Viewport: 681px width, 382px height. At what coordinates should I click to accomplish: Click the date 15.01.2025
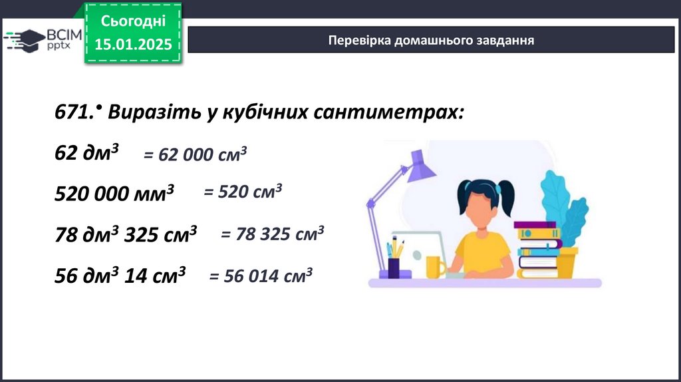133,44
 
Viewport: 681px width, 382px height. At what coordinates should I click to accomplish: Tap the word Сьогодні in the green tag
133,21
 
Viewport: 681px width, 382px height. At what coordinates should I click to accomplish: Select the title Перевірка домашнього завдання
431,40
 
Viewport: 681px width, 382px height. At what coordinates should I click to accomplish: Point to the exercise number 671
74,112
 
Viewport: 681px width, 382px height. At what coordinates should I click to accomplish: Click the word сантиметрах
388,112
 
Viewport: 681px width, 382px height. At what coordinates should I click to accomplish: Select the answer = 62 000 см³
195,154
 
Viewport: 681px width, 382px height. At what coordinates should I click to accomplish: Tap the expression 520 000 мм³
114,193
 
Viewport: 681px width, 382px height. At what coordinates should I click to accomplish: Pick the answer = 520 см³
243,191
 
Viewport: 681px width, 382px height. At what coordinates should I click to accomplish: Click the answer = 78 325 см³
272,234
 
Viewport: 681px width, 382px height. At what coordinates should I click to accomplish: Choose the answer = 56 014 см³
261,276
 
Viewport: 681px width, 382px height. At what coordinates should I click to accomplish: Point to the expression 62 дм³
86,152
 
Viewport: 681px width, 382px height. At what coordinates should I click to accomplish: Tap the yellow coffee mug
435,267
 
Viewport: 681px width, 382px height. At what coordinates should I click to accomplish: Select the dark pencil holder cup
394,268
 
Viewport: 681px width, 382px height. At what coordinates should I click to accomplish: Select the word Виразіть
154,112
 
